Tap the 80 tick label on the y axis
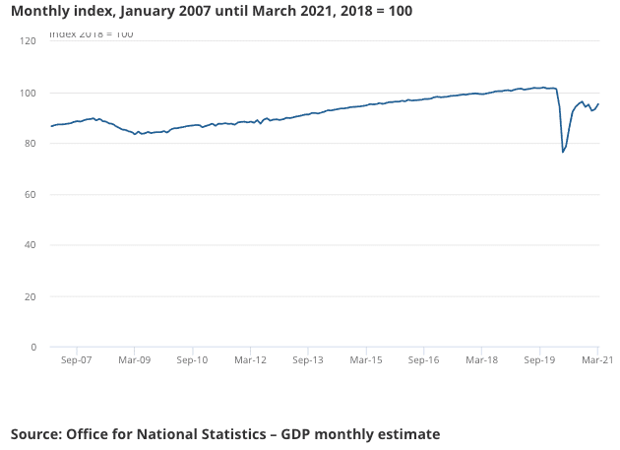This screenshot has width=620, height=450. (x=29, y=144)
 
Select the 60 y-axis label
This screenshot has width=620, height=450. (x=29, y=195)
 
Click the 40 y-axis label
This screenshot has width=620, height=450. (x=29, y=245)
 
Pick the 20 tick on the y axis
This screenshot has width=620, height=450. (x=29, y=296)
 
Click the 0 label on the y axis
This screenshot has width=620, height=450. (x=32, y=348)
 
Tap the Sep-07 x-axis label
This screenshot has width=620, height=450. (x=76, y=361)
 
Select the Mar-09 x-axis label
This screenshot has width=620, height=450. (x=134, y=361)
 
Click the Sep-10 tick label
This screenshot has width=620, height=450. (x=192, y=361)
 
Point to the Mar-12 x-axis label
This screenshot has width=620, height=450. (x=250, y=361)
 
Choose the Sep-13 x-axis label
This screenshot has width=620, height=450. (x=308, y=361)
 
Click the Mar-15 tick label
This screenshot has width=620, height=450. (x=366, y=361)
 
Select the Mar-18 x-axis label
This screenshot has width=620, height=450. (x=481, y=361)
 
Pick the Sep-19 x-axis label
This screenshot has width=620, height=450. (x=539, y=361)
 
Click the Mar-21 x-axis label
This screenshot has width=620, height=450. (x=596, y=361)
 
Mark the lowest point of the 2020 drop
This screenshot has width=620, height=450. (x=563, y=152)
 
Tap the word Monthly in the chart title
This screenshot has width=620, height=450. (x=41, y=11)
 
